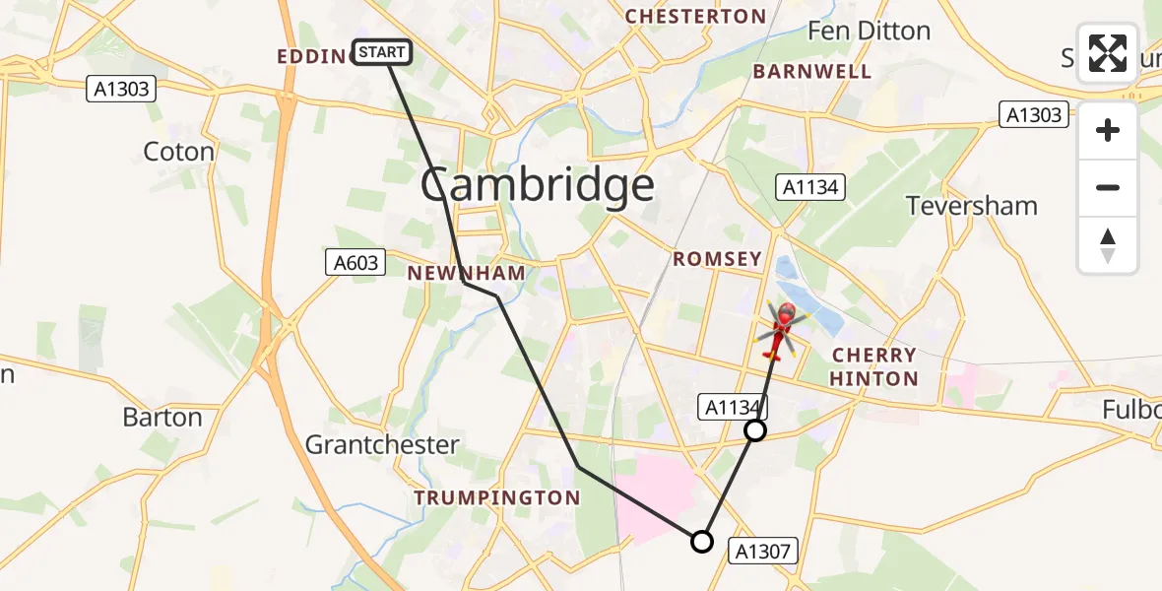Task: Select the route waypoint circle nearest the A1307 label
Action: point(701,541)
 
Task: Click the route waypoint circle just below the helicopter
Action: point(755,430)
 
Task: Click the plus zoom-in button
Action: point(1108,130)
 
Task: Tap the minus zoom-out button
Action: point(1108,187)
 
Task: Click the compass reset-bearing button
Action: point(1108,245)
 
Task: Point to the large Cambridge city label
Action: point(538,185)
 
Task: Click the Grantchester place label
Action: point(382,444)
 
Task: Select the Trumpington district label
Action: point(496,497)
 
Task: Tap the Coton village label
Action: point(178,152)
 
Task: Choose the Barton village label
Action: point(162,417)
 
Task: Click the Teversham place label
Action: point(971,206)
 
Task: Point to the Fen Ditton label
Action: point(869,31)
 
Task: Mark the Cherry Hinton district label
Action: point(874,366)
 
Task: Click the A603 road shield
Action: point(353,262)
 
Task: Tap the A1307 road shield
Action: point(763,551)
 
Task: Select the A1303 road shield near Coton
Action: point(122,90)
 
